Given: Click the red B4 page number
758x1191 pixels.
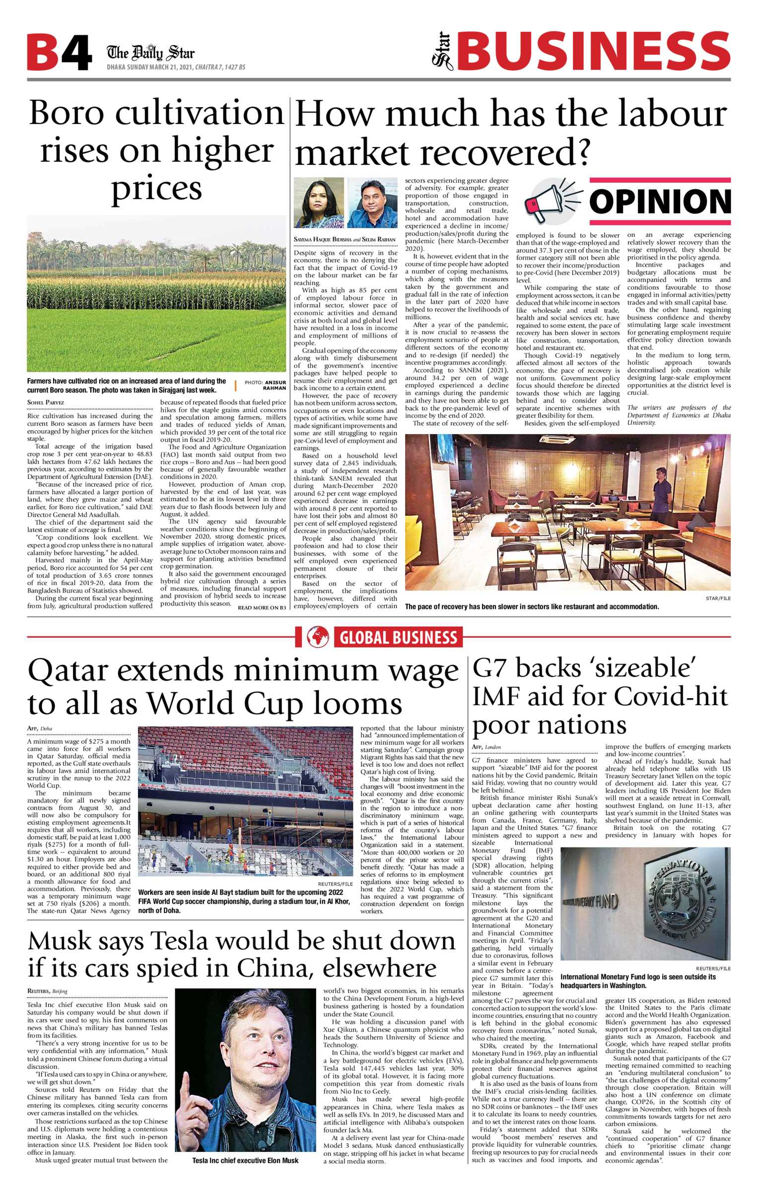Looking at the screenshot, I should (x=59, y=53).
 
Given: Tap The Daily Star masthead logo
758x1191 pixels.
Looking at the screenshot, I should (x=150, y=52).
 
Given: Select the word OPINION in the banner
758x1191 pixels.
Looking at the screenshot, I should (x=660, y=201).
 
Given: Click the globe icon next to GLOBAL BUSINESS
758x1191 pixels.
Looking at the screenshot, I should (x=318, y=637).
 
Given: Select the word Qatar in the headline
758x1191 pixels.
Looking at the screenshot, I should (x=68, y=671).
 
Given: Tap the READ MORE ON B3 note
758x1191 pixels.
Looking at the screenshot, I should (x=262, y=607).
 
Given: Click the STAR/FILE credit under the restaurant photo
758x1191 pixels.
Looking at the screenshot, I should (x=718, y=598).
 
